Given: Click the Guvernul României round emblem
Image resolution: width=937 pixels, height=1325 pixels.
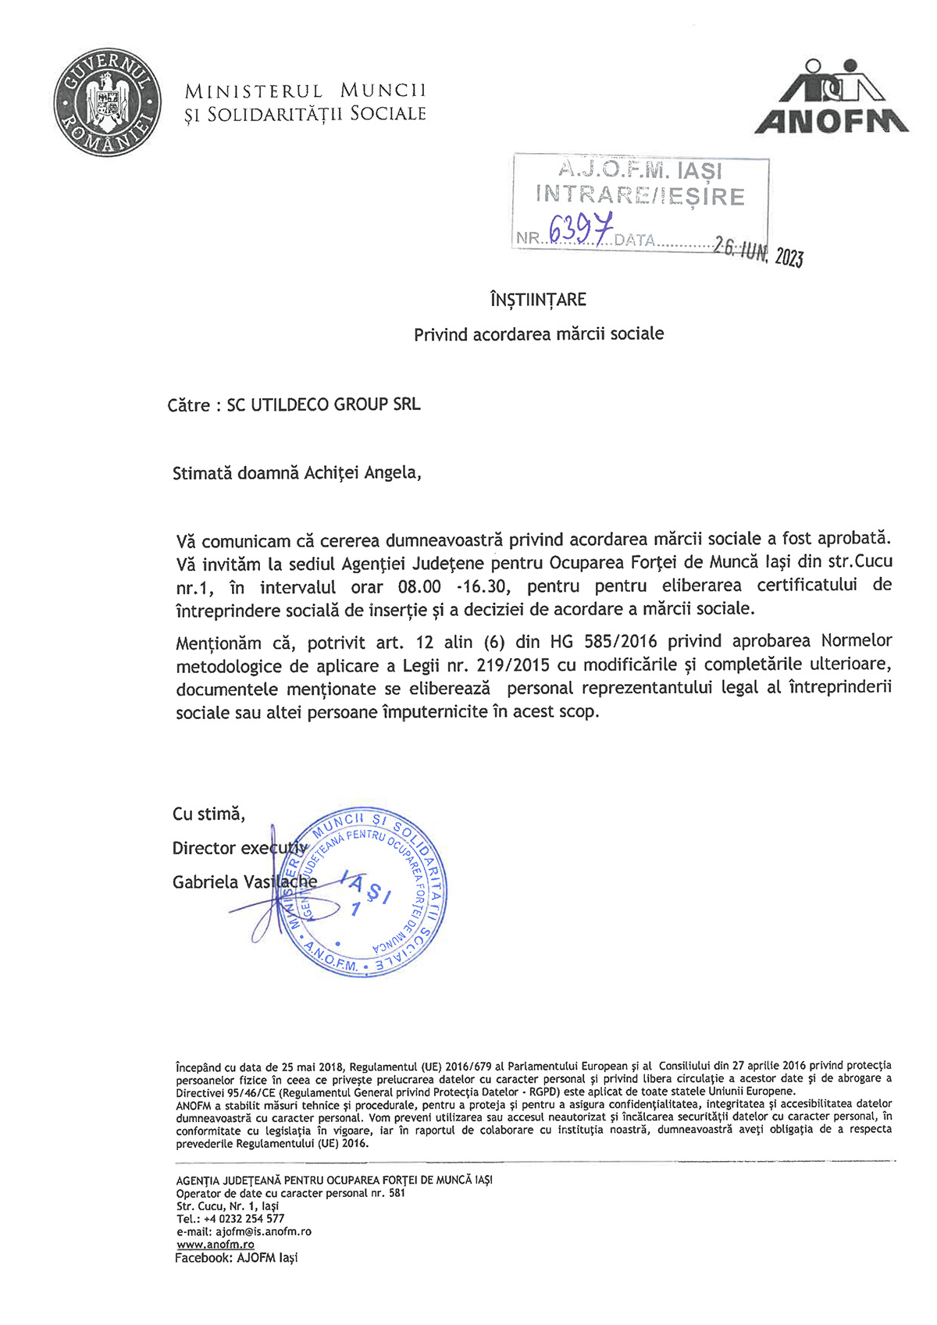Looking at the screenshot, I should tap(107, 102).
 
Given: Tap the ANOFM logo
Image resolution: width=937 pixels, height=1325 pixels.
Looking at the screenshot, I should tap(832, 98).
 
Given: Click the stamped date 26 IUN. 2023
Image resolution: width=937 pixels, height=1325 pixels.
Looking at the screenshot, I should tap(758, 251).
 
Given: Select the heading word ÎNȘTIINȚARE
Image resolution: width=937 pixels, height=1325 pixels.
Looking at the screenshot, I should tap(538, 300).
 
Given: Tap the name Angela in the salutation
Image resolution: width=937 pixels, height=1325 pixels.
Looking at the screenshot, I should tap(392, 473).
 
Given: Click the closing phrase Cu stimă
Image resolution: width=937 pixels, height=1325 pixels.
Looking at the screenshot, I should tap(208, 814).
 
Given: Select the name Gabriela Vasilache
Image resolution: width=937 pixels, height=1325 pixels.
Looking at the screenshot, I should tap(244, 882).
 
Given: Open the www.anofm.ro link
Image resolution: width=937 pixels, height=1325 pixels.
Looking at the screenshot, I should tap(216, 1245).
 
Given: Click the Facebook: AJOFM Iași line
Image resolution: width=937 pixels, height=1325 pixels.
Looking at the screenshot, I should tap(236, 1258).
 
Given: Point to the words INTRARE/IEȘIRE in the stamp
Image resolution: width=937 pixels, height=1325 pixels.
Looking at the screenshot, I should tap(640, 195).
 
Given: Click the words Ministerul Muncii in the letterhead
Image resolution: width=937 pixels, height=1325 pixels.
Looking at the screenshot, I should tap(305, 91).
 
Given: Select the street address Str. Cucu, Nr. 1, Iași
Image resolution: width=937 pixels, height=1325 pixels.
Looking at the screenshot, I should tap(227, 1206).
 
